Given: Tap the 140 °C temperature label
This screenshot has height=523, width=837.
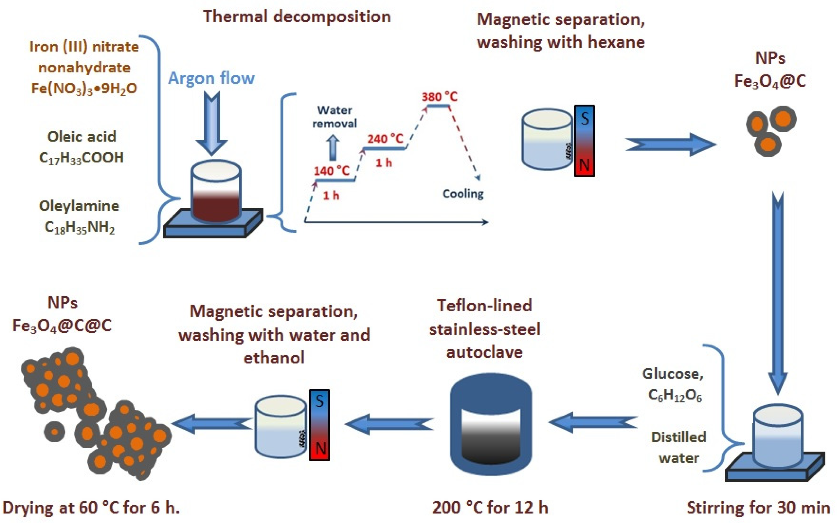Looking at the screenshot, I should (x=331, y=171).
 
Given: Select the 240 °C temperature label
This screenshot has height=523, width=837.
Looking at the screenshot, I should (x=385, y=139).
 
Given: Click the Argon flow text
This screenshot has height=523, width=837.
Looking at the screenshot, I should (x=211, y=78).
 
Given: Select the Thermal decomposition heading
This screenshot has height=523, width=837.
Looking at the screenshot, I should (x=297, y=17).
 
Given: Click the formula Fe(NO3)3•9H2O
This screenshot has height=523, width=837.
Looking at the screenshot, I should (x=84, y=88).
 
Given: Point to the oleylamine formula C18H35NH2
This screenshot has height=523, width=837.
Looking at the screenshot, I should (x=80, y=228).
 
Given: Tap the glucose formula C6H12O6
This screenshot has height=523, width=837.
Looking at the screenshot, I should (x=675, y=395).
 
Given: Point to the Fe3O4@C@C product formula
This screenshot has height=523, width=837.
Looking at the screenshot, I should (x=62, y=326).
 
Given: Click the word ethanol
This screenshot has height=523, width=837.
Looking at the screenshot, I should (x=274, y=357).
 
